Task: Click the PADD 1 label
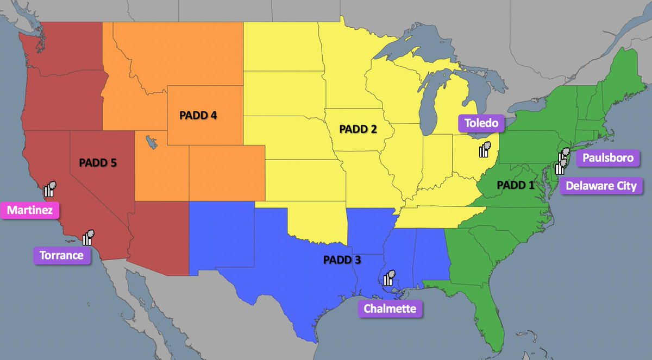click(516, 185)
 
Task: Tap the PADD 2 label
click(358, 129)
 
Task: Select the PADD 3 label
click(342, 260)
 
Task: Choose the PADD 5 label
click(98, 162)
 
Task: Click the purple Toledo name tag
click(481, 123)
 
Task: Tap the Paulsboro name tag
click(607, 158)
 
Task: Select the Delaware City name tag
click(600, 185)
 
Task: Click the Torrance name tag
click(61, 255)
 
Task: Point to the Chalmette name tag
click(390, 308)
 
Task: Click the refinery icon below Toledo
click(485, 149)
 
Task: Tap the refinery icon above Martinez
click(51, 188)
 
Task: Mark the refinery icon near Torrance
click(88, 237)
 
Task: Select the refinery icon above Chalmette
click(389, 277)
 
